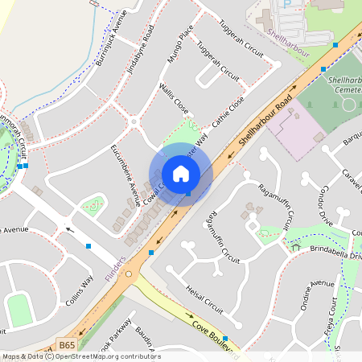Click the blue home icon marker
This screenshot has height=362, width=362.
click(x=181, y=174)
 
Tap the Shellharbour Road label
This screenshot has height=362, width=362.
click(x=261, y=125)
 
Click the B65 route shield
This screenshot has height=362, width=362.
click(x=68, y=345)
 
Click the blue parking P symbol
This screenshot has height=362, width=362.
click(x=287, y=4)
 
